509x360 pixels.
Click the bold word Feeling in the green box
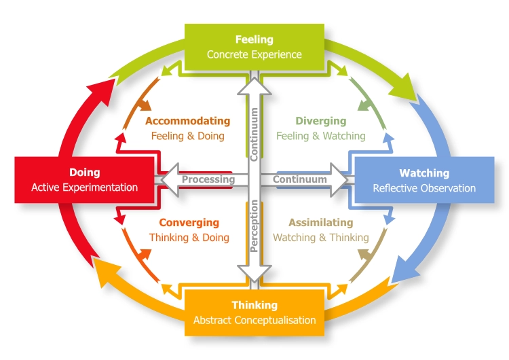click(x=254, y=39)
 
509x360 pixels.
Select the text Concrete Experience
click(x=254, y=54)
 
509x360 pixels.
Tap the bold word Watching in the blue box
click(x=424, y=173)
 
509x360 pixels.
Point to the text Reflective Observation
click(x=424, y=188)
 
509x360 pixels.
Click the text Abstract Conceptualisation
click(x=254, y=320)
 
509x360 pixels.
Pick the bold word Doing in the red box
click(x=84, y=173)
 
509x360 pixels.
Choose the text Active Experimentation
click(x=84, y=187)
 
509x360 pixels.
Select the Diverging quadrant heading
click(x=320, y=122)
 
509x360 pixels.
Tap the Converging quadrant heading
click(x=189, y=223)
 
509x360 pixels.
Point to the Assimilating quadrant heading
click(x=320, y=223)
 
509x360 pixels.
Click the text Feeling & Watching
click(x=320, y=136)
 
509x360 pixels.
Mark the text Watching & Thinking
click(x=320, y=238)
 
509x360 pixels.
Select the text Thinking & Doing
click(x=189, y=238)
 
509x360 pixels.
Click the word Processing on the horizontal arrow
click(x=208, y=180)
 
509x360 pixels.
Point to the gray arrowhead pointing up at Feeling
click(x=254, y=87)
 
